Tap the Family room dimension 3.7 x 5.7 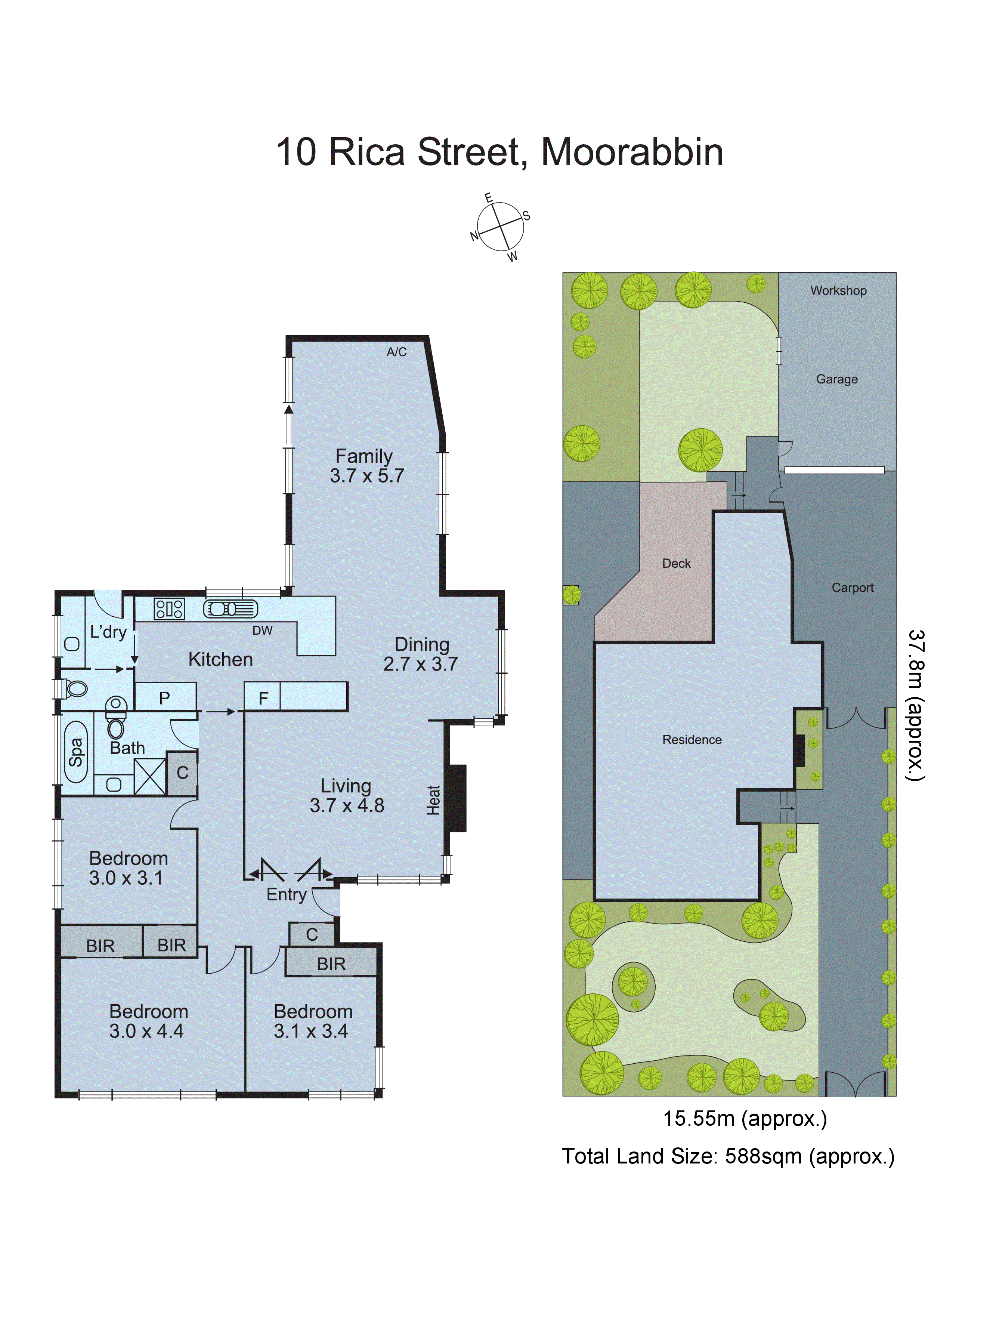367,476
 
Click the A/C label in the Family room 396,352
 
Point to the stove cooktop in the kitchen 169,609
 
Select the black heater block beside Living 457,798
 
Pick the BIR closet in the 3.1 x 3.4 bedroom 331,964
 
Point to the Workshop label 838,291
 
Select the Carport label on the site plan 852,588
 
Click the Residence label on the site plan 692,740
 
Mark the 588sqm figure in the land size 763,1156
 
